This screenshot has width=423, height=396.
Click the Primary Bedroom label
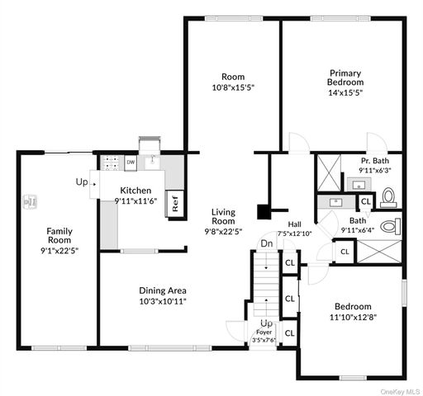pos(346,78)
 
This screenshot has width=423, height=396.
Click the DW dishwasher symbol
pos(131,163)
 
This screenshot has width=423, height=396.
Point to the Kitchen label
pos(135,191)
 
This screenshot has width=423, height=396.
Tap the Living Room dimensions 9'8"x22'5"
pos(223,232)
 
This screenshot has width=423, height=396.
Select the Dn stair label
pos(267,243)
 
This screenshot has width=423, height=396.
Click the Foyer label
pos(263,332)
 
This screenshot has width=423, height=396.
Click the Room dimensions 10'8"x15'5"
pos(231,87)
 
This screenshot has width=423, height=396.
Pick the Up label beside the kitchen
pos(82,181)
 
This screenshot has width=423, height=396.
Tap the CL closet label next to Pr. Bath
pos(365,201)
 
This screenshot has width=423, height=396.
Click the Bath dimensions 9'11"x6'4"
pos(357,230)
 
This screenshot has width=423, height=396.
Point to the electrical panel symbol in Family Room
pos(31,200)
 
